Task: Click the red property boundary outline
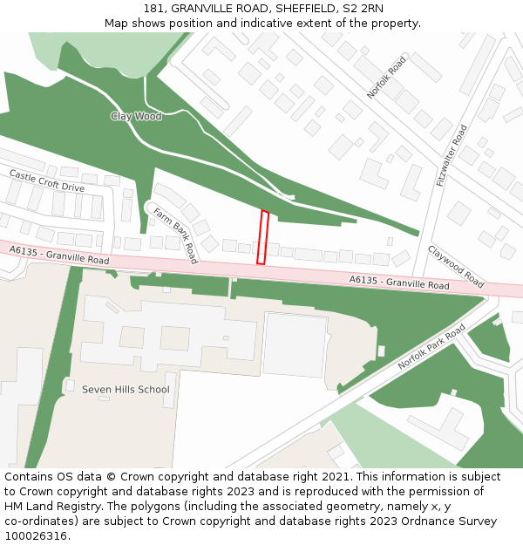pos(261,236)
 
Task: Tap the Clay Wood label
pos(136,116)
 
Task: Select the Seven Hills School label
pos(126,389)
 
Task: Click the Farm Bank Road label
pos(175,235)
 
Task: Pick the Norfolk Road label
pos(386,78)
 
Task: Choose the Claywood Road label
pos(456,267)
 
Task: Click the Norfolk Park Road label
pos(432,348)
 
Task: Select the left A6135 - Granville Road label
pos(59,255)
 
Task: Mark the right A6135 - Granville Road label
pos(399,283)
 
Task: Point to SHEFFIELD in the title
pos(295,9)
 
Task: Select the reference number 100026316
pos(35,535)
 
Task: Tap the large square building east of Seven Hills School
pos(295,344)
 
